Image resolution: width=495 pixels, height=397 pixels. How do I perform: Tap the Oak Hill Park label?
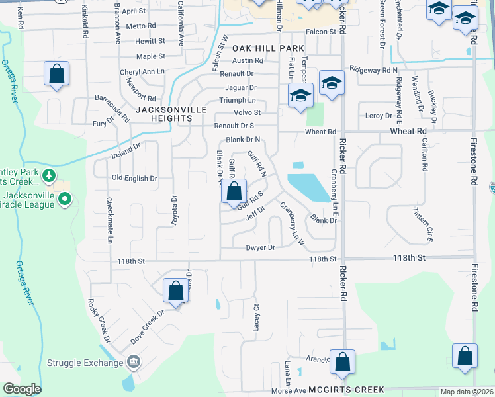(268, 48)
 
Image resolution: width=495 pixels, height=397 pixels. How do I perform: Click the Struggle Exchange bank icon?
(134, 362)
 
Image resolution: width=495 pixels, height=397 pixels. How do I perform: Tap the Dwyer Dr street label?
(259, 248)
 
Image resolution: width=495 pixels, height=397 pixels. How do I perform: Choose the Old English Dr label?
(134, 178)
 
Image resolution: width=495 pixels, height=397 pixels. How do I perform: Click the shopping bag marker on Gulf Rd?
(234, 192)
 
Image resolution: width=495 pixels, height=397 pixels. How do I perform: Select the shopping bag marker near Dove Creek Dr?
(175, 290)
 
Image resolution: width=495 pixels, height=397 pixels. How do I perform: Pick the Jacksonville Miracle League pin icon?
(64, 198)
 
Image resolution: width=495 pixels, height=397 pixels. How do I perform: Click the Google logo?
(22, 389)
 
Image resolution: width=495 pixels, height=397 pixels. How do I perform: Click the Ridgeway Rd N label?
(373, 69)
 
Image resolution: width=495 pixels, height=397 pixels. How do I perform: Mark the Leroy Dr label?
(379, 116)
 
